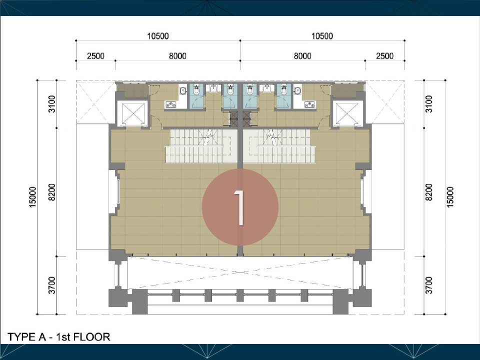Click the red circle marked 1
pos(240,207)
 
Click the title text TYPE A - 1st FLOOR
pos(59,336)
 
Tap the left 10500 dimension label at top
pos(158,36)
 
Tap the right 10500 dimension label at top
pos(322,36)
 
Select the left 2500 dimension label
pos(96,56)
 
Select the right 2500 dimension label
pos(385,56)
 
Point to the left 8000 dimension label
pos(177,56)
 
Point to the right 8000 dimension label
pos(302,56)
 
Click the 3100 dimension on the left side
pos(52,104)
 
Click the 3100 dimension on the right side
pos(429,104)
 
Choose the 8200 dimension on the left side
pos(52,192)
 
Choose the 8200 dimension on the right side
pos(429,192)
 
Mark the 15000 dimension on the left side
pos(33,197)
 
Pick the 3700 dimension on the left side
pos(52,285)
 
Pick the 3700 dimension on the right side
pos(429,285)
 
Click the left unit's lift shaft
pos(132,113)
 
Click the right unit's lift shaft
pos(347,113)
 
